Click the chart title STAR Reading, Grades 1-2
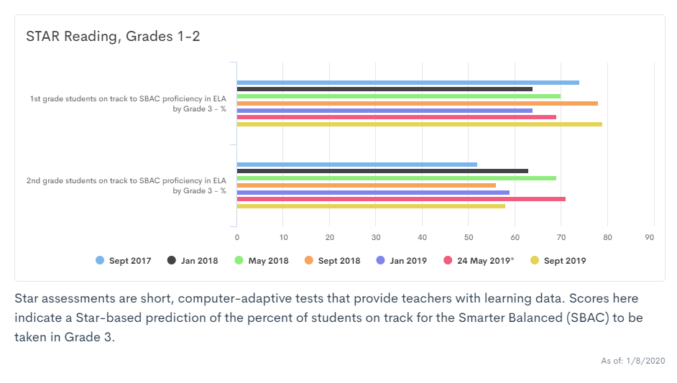pos(113,37)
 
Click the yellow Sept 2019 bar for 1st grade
pos(419,124)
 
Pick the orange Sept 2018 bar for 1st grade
pos(417,103)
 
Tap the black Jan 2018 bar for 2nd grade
pos(382,171)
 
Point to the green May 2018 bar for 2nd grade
pos(396,178)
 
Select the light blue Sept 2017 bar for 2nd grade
pos(356,165)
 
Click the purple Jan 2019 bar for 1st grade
pos(384,111)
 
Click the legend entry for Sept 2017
pos(124,261)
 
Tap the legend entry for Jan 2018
pos(193,261)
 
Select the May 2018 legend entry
pos(262,261)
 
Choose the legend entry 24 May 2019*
pos(479,261)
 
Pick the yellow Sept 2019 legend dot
pos(533,261)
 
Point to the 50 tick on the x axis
pos(469,237)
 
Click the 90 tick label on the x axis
pos(650,237)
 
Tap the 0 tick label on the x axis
pos(237,237)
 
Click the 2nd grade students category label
pos(126,185)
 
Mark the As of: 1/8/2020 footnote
pos(632,361)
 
